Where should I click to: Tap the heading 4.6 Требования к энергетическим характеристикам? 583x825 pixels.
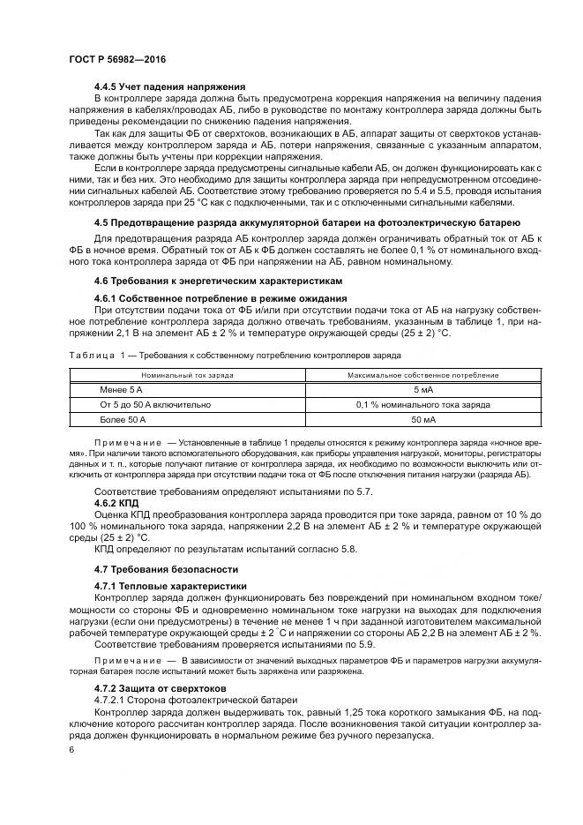pos(216,281)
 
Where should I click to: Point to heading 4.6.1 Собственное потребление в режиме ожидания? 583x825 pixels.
pos(220,298)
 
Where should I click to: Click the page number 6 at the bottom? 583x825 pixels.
pos(70,749)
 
